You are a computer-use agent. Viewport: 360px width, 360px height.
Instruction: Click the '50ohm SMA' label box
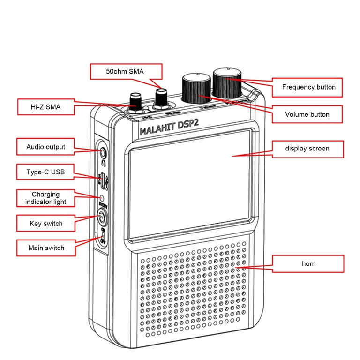tap(126, 72)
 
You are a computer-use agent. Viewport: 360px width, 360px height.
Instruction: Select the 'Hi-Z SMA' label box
tap(46, 107)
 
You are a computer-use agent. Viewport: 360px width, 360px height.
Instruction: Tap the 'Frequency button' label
tap(308, 87)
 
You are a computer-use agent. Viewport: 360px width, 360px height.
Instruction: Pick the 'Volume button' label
tap(307, 114)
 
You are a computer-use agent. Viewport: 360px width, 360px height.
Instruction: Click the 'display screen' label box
tap(307, 149)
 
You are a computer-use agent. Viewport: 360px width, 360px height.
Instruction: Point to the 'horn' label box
tap(308, 264)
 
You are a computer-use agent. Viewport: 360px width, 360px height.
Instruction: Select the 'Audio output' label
tap(46, 147)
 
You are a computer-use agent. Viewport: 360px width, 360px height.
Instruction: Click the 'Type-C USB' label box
tap(46, 172)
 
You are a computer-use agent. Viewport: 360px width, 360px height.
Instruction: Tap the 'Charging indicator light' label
tap(46, 198)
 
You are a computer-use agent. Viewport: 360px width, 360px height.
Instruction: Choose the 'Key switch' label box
tap(46, 223)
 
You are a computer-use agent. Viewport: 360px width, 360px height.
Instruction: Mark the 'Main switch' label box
tap(46, 247)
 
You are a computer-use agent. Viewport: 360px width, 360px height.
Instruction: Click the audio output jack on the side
tap(103, 152)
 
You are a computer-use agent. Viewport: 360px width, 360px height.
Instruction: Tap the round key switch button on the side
tap(103, 217)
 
